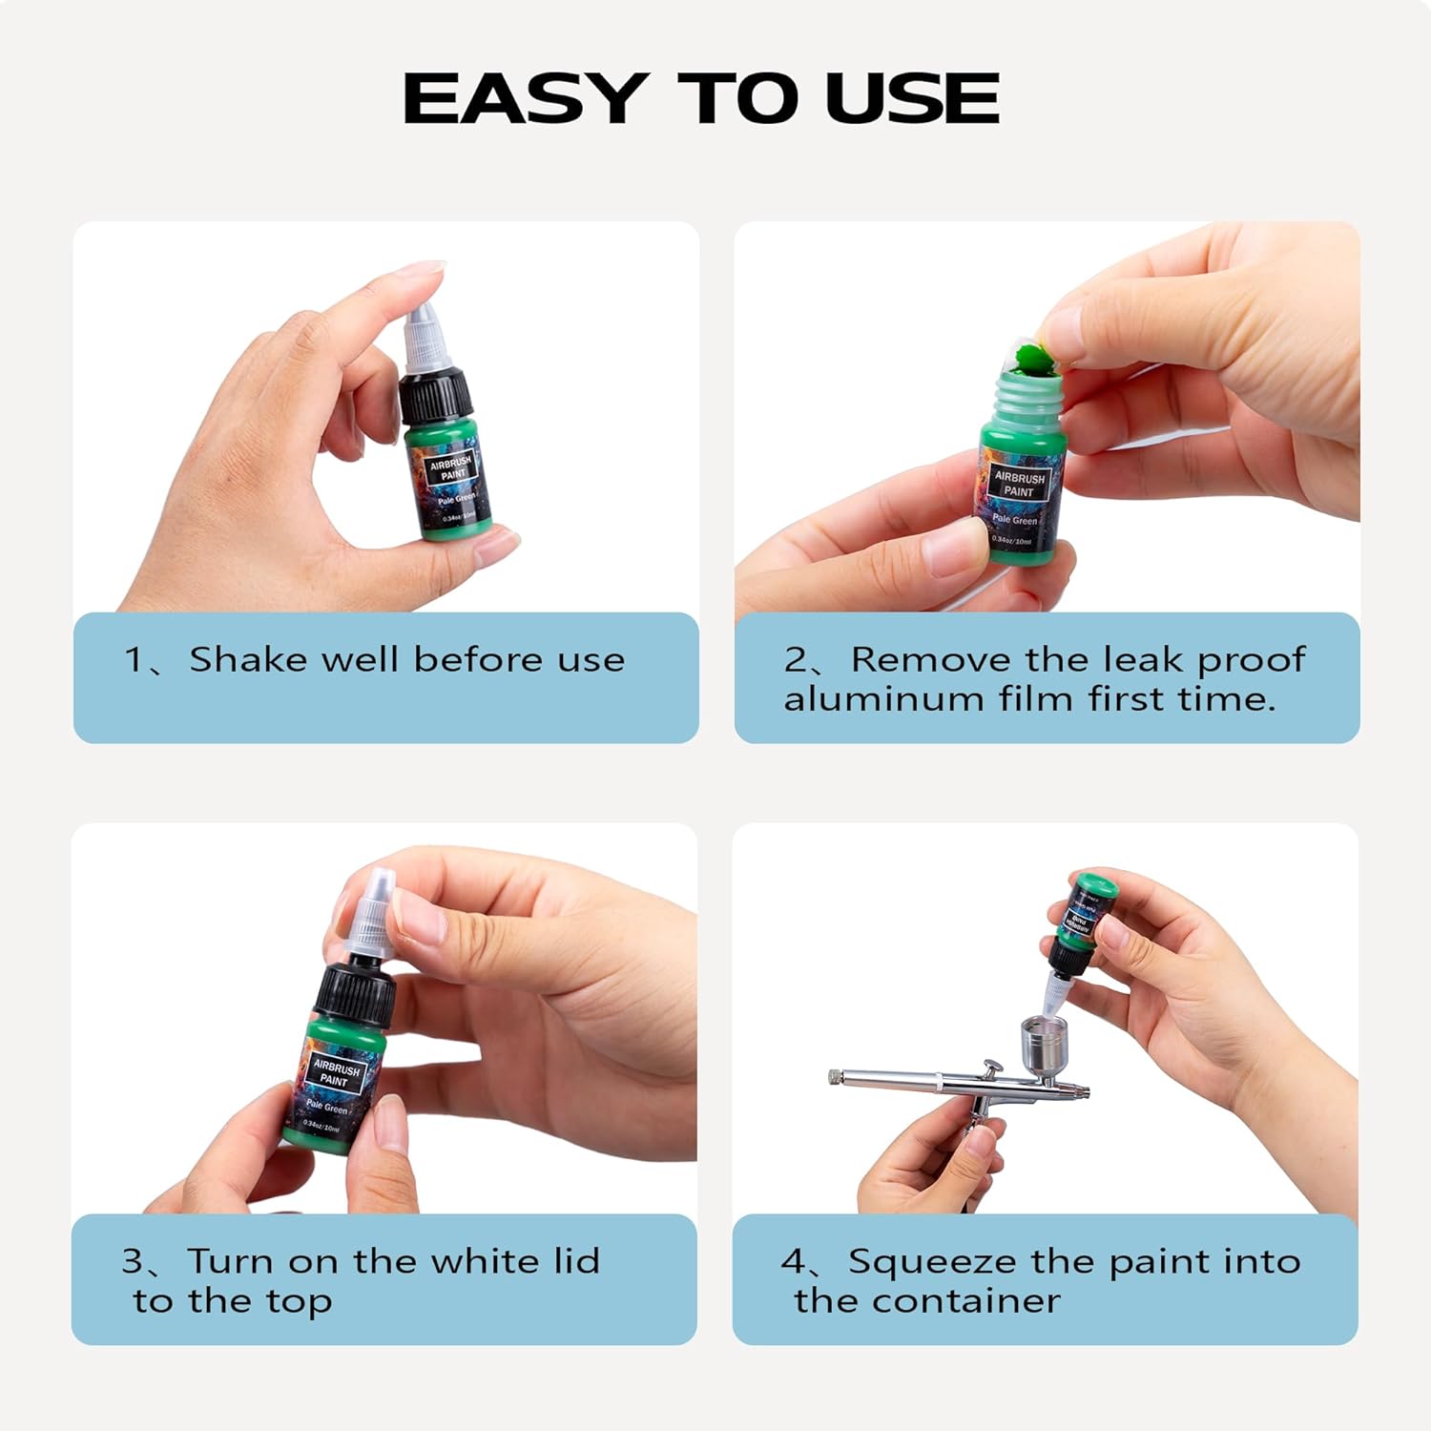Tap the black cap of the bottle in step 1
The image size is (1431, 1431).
point(436,398)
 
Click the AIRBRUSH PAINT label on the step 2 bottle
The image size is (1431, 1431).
point(1019,484)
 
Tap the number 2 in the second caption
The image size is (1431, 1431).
point(796,660)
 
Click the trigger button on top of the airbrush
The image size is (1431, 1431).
point(992,1066)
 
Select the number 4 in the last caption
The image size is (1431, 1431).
point(793,1262)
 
